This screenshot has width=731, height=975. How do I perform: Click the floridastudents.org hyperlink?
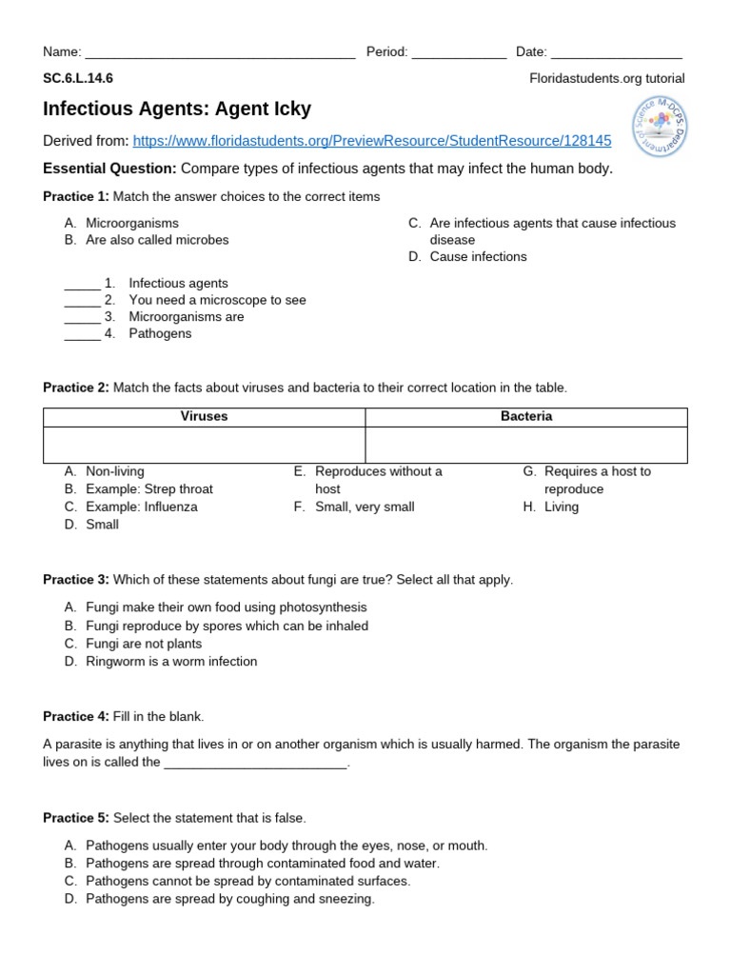click(x=372, y=141)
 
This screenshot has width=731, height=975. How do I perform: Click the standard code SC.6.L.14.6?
click(x=78, y=79)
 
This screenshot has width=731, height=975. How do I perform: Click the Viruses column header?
click(x=205, y=417)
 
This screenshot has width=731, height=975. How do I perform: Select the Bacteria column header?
click(x=526, y=417)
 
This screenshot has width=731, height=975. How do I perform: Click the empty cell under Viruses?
click(x=205, y=445)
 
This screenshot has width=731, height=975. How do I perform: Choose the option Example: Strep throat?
click(x=148, y=489)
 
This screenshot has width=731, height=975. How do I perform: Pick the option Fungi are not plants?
click(x=143, y=644)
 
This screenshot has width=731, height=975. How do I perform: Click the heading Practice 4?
click(x=76, y=716)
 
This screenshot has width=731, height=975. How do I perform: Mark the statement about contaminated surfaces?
click(x=247, y=881)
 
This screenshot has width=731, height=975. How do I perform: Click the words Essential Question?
click(x=109, y=169)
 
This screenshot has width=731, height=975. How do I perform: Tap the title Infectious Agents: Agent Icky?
click(x=177, y=109)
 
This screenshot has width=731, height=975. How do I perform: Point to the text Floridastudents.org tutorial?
click(x=606, y=79)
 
